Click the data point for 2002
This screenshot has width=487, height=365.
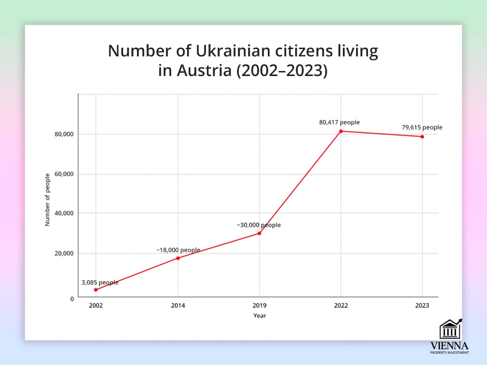click(96, 290)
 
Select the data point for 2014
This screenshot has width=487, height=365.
click(178, 258)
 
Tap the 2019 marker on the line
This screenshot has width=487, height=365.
click(259, 233)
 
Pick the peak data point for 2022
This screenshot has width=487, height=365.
click(341, 131)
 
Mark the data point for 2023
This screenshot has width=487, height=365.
click(422, 136)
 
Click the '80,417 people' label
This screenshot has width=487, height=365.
click(339, 122)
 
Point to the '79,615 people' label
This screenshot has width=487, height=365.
click(422, 127)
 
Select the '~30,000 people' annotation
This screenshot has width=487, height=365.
click(259, 225)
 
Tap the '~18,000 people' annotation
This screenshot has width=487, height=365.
click(178, 250)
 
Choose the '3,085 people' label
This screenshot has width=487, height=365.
click(100, 282)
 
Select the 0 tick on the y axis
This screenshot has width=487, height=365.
click(72, 298)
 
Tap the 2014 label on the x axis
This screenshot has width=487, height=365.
click(178, 306)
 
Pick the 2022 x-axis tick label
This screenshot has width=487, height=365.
click(341, 306)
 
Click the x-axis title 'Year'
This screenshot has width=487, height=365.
click(259, 316)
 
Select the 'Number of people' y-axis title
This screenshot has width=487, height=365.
click(48, 199)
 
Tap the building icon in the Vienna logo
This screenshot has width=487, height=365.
click(449, 330)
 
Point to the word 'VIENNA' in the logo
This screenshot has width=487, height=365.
click(449, 345)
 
